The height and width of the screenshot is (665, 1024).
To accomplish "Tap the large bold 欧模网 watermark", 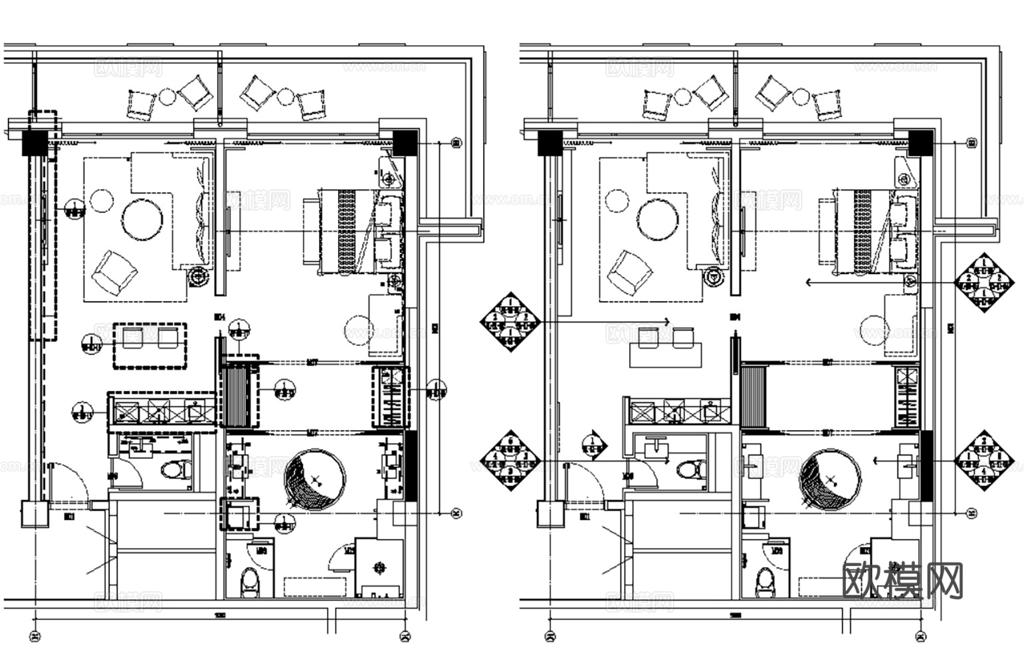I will point(902,580).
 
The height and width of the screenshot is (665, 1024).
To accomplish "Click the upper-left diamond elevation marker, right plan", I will point(510,321).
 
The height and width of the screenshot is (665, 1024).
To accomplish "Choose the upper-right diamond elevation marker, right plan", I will point(985,282).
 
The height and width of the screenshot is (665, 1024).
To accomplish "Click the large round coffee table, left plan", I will point(142,219).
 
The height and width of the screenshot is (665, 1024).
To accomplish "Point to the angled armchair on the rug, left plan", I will point(114,273).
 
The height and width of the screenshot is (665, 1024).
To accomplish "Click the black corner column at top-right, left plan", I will point(403,142).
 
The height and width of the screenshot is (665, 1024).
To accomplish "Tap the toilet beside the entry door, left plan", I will point(175,470).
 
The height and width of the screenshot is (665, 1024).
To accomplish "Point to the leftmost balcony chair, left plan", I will point(141,104).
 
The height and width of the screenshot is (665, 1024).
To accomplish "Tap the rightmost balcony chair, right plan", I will point(827,104).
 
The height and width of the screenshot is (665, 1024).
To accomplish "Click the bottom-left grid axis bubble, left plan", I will point(35,637).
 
